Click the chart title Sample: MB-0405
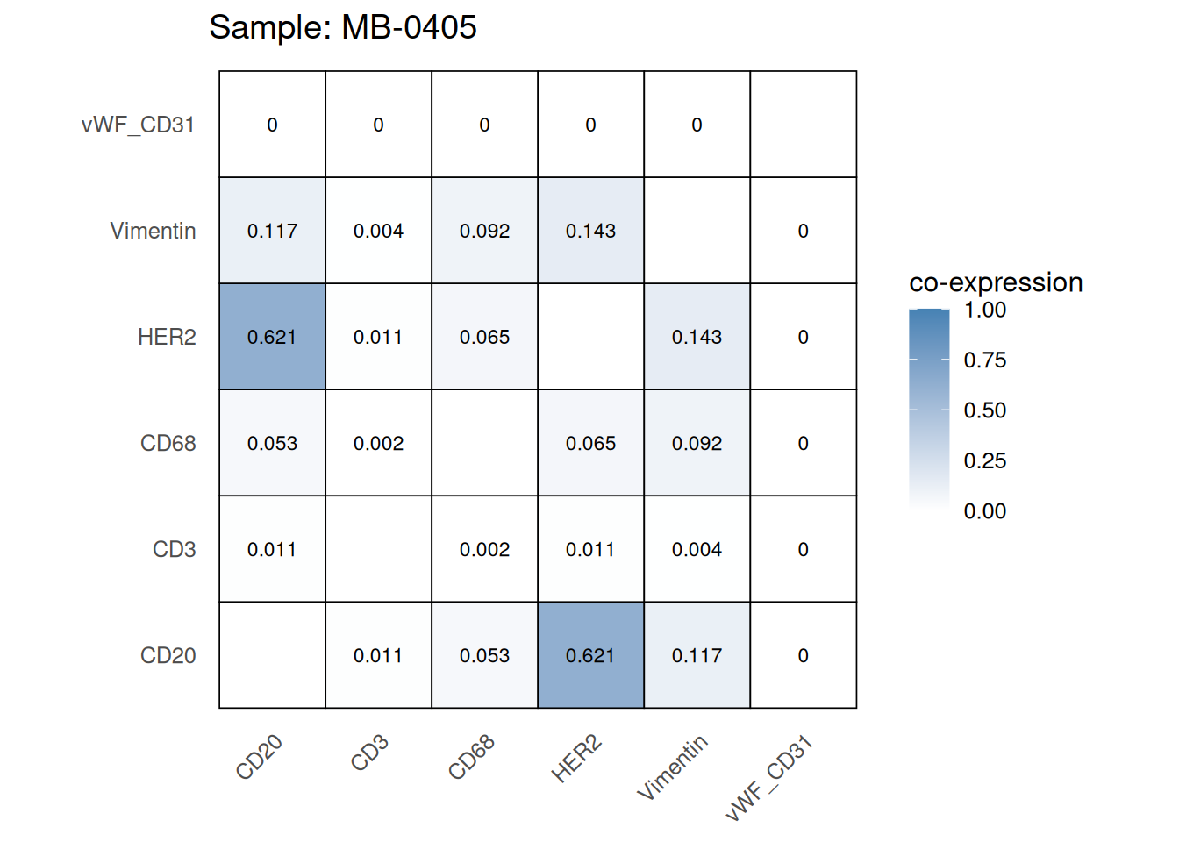click(x=342, y=28)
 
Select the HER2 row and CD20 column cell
click(x=272, y=337)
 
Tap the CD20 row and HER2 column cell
click(x=590, y=655)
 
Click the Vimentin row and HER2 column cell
click(x=590, y=231)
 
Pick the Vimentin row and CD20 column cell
click(x=272, y=231)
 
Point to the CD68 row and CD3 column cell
click(x=378, y=443)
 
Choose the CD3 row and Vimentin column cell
click(x=697, y=549)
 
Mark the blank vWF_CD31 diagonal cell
click(x=803, y=125)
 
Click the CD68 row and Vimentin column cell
click(x=697, y=443)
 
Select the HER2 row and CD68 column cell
click(x=484, y=337)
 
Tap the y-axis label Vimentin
click(x=153, y=231)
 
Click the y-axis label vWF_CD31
click(x=138, y=125)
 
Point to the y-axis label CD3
click(x=174, y=549)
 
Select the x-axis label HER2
click(x=576, y=759)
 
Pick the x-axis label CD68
click(x=472, y=757)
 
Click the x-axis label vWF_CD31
click(x=770, y=779)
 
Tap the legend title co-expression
click(x=996, y=282)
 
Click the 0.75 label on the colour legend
click(x=984, y=360)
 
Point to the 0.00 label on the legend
click(x=984, y=511)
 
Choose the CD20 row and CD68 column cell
click(x=484, y=655)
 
